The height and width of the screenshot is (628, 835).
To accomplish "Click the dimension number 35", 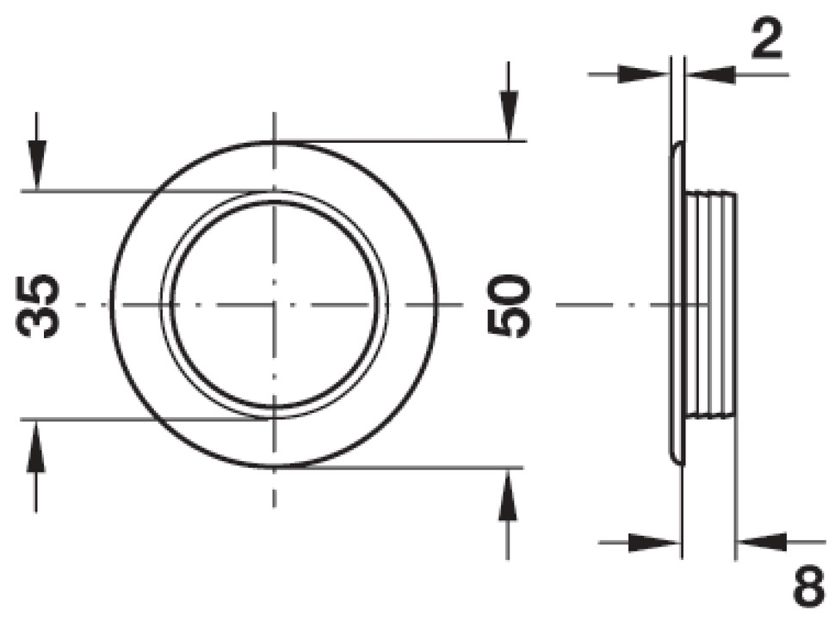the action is click(x=37, y=305).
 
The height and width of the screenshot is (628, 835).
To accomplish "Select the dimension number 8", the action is click(x=809, y=588).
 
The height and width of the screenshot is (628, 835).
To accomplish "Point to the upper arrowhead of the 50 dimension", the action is click(x=509, y=115).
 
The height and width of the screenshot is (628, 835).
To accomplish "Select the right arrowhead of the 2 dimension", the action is click(x=710, y=75).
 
